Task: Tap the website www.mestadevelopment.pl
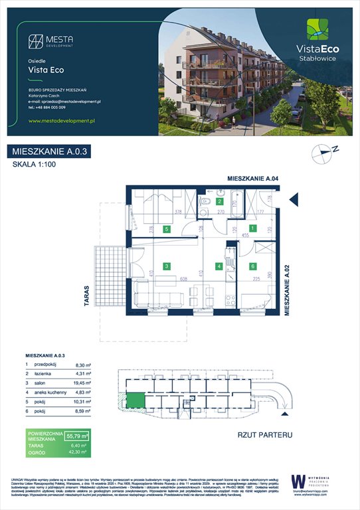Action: pos(63,121)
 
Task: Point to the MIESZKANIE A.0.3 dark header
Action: pos(51,152)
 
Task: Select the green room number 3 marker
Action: pos(167,266)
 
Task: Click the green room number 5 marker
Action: pos(167,229)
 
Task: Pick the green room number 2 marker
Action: pos(220,201)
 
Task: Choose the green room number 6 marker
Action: pos(253,266)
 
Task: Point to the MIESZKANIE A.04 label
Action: pos(252,179)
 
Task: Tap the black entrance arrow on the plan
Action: pos(293,199)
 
